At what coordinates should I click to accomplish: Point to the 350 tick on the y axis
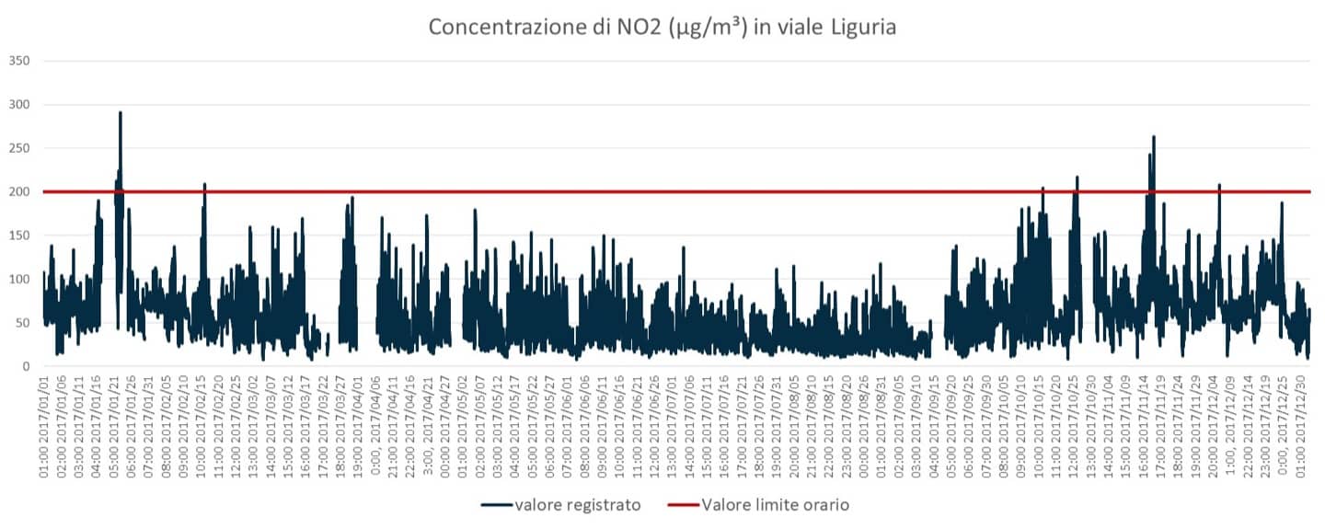(19, 61)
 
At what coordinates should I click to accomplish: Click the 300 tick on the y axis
(19, 105)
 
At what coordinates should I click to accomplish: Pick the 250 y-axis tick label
(19, 148)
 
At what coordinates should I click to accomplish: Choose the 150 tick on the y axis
(19, 236)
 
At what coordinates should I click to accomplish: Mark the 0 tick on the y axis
(28, 367)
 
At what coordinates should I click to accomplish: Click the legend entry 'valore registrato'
(578, 504)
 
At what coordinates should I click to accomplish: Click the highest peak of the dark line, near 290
(121, 113)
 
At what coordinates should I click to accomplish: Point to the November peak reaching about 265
(1154, 137)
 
